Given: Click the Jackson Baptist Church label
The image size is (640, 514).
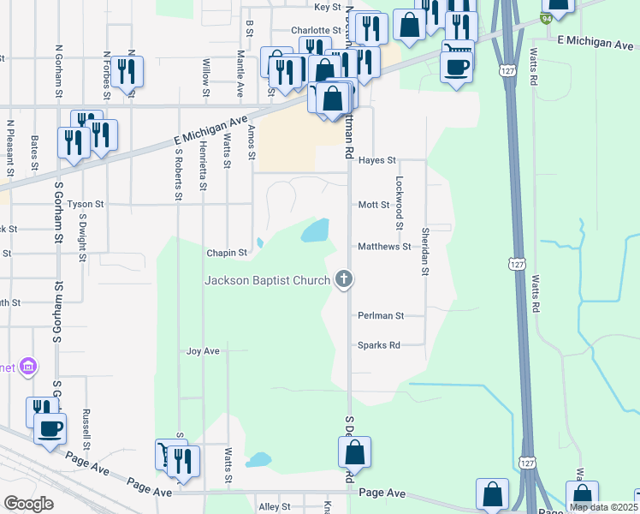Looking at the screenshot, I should (x=268, y=281).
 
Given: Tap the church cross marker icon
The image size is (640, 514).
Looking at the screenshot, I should (x=344, y=278).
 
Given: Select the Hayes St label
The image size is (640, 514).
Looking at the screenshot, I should (x=377, y=160).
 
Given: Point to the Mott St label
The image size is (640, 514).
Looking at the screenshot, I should (x=374, y=206).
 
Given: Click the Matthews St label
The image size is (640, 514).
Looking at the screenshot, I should (x=384, y=247).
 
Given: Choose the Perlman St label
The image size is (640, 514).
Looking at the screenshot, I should (x=381, y=315).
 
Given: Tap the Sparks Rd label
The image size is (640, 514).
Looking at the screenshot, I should (x=379, y=345).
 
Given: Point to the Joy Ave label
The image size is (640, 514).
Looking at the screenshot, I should (x=204, y=351).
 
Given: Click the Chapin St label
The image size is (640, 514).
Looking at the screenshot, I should (x=227, y=254).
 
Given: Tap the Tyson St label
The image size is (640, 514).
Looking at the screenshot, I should (x=86, y=205).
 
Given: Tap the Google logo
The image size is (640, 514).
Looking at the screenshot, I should (x=28, y=504).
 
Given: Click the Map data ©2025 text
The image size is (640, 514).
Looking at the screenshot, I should (x=601, y=507).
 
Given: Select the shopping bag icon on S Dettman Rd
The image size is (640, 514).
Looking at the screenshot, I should (x=355, y=451).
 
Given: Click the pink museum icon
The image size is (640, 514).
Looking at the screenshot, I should (x=29, y=368).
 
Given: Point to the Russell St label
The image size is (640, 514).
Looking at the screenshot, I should (x=86, y=427).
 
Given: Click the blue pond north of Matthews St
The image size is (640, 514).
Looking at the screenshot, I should (x=315, y=230).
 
